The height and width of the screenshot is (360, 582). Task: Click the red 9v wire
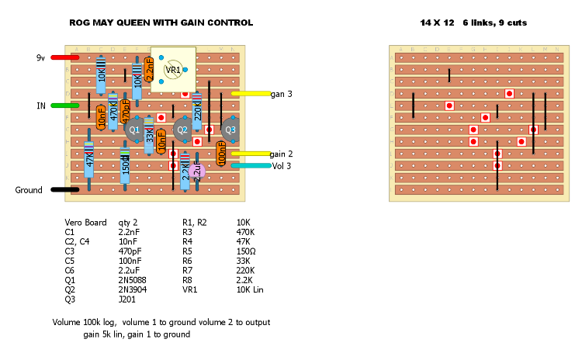(64, 57)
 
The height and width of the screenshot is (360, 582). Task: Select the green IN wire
(64, 106)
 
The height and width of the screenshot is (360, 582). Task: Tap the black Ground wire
(64, 189)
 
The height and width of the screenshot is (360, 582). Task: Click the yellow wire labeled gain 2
(250, 154)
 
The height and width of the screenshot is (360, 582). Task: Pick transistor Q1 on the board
(133, 130)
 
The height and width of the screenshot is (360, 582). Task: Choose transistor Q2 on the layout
(182, 130)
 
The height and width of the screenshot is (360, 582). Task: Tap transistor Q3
(229, 130)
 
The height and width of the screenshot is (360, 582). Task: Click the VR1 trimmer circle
(173, 70)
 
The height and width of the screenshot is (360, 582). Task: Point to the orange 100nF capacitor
(221, 153)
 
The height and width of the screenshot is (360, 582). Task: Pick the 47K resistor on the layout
(89, 162)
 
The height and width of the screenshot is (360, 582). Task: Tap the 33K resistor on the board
(149, 136)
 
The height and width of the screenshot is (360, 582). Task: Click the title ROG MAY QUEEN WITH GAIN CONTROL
(161, 23)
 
